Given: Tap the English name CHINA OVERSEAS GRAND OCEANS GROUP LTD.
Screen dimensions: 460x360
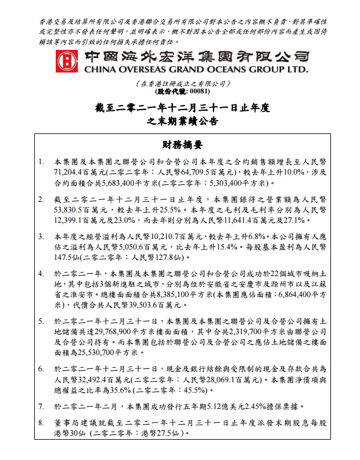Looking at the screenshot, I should (196, 70).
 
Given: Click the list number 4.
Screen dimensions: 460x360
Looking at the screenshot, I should (40, 273).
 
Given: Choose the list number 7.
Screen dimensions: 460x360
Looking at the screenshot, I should (40, 406).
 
